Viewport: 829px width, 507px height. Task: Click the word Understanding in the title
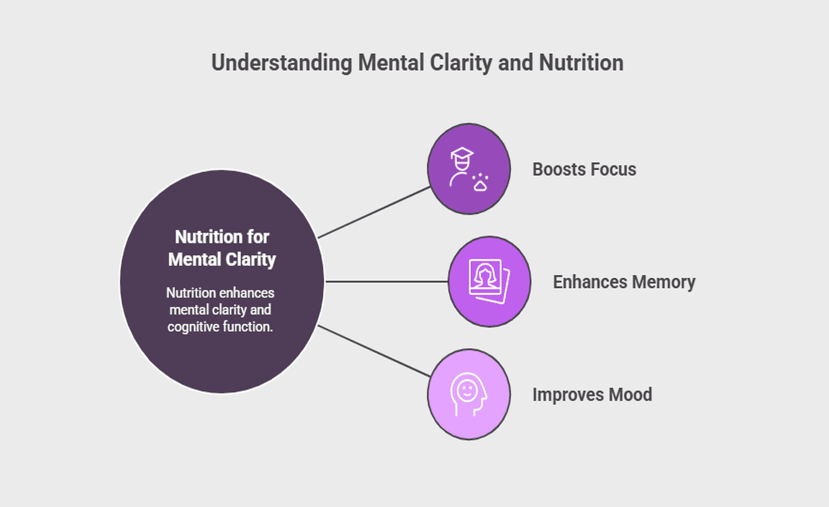(x=282, y=63)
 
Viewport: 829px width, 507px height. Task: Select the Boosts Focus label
(x=584, y=170)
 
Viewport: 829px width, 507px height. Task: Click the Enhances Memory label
(x=624, y=282)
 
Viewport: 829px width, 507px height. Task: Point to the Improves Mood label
(x=592, y=395)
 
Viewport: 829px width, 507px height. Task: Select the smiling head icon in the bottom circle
(x=468, y=394)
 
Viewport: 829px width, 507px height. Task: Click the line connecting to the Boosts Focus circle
(x=374, y=212)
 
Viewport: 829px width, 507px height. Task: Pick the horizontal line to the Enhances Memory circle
(x=387, y=282)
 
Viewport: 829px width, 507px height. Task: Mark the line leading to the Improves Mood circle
(x=374, y=351)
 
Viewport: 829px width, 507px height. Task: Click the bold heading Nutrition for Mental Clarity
(x=222, y=248)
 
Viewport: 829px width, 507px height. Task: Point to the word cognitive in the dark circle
(x=195, y=326)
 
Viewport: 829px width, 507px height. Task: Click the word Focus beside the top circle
(x=611, y=170)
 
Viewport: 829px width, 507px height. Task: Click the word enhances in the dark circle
(x=245, y=293)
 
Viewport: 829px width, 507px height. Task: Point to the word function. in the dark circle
(x=250, y=326)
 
